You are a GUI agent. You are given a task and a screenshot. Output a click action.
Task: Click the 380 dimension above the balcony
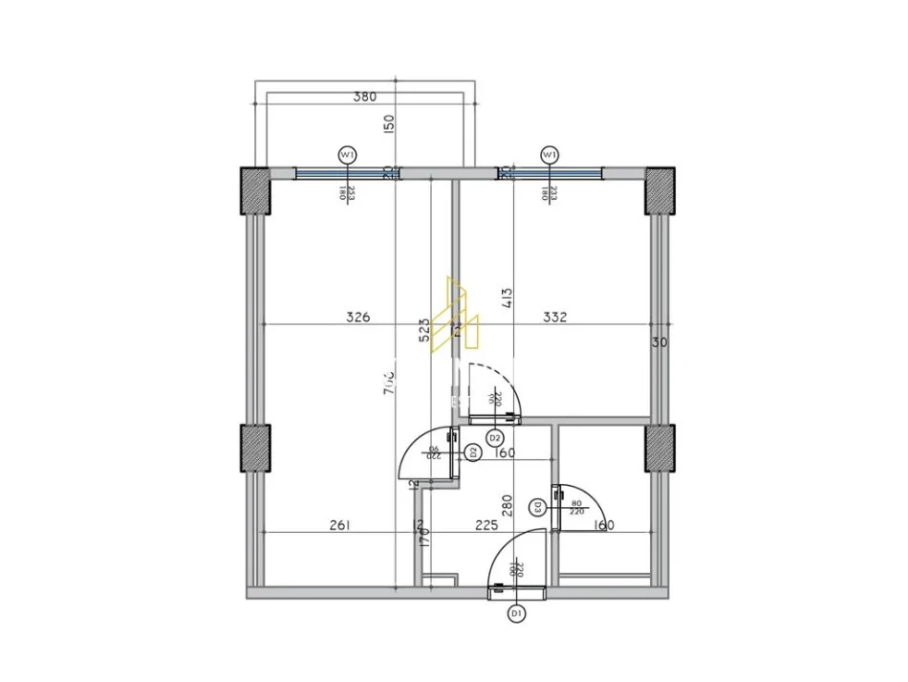tap(364, 96)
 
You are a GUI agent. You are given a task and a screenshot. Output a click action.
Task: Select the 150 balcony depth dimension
tap(389, 124)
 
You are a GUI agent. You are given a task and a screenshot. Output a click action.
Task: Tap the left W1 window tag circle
tap(347, 153)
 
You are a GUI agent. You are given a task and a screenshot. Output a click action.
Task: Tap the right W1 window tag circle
tap(549, 153)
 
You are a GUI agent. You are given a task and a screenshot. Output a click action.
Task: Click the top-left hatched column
tap(255, 190)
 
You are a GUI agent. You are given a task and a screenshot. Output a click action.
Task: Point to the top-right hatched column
tap(659, 190)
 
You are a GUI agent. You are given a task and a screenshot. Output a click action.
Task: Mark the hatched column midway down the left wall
tap(255, 449)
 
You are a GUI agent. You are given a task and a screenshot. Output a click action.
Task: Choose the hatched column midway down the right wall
tap(659, 449)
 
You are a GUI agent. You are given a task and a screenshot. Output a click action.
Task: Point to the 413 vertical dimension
tap(507, 299)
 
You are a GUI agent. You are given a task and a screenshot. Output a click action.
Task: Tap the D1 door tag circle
tap(517, 612)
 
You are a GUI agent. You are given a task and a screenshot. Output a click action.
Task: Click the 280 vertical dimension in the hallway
tap(508, 505)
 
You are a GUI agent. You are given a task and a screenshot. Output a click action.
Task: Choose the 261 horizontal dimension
tap(340, 524)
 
